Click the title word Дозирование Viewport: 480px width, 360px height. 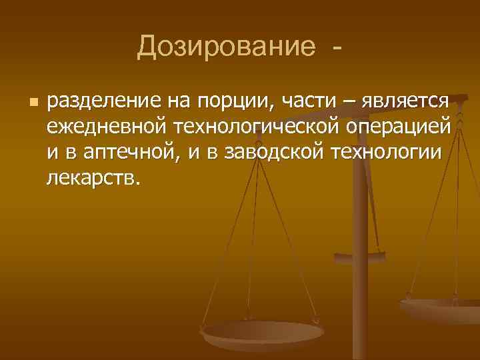point(226,47)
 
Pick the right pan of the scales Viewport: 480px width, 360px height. point(443,308)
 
